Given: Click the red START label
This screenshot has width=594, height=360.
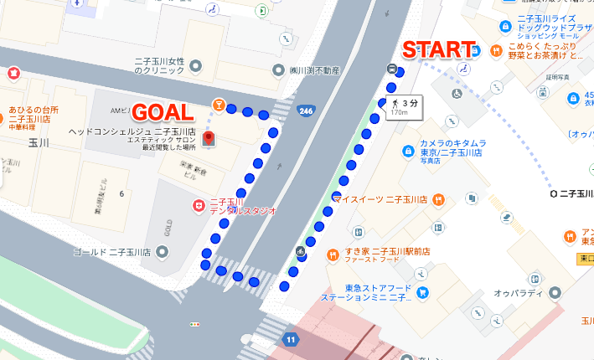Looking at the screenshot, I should pos(439,49).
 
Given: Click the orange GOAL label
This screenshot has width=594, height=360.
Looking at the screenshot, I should pos(164,112).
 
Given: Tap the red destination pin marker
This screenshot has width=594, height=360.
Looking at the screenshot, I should pos(209,139).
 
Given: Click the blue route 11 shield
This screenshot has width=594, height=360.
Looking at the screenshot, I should pos(290,339).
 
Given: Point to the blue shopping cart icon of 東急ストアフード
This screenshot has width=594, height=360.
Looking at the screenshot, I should pos(422,292).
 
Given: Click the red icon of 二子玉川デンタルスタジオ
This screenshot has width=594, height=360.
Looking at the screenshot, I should pos(199,204).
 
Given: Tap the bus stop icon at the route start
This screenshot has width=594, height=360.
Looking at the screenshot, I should pos(392,69).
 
